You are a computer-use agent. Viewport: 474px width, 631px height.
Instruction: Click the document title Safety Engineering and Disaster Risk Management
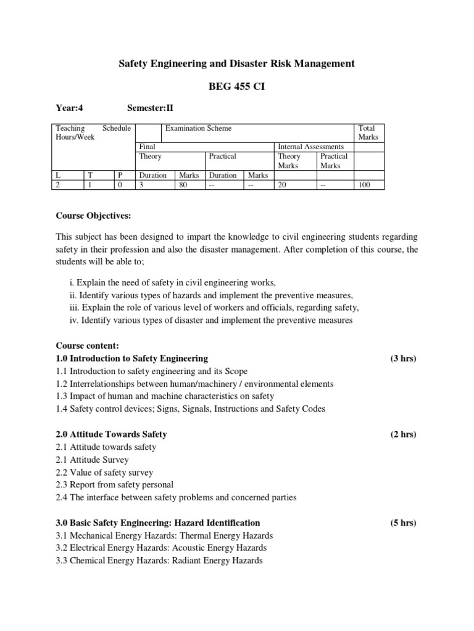tap(236, 63)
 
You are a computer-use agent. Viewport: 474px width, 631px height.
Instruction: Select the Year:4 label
tap(70, 107)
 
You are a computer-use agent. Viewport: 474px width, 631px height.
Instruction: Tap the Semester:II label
tap(151, 107)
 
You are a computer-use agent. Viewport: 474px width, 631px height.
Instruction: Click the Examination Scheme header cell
tap(197, 128)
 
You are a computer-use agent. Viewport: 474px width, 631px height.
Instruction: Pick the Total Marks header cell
tap(368, 132)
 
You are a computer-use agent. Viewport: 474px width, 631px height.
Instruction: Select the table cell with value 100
tap(364, 184)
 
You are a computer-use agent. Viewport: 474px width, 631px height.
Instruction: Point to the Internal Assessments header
tap(311, 147)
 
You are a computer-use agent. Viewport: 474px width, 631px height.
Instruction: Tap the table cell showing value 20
tap(283, 184)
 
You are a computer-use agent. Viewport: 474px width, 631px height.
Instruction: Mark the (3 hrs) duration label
tap(403, 358)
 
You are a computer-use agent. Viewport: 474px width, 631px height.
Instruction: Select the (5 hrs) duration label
tap(403, 523)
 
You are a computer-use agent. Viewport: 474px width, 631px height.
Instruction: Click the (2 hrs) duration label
tap(403, 434)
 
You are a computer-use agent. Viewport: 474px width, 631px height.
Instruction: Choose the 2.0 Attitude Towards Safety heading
tap(112, 434)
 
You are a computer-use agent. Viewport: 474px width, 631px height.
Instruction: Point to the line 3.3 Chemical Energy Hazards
tap(159, 560)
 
